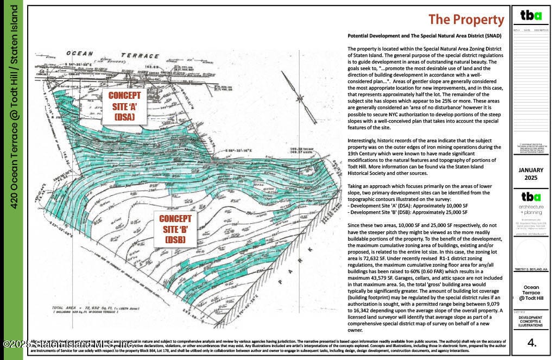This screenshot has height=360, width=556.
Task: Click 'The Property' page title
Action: point(466,20)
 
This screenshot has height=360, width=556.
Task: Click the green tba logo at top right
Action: point(531,15)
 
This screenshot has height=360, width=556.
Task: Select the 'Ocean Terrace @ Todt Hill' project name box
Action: point(531,293)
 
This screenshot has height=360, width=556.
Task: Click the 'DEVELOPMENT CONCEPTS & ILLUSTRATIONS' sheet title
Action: point(531,321)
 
